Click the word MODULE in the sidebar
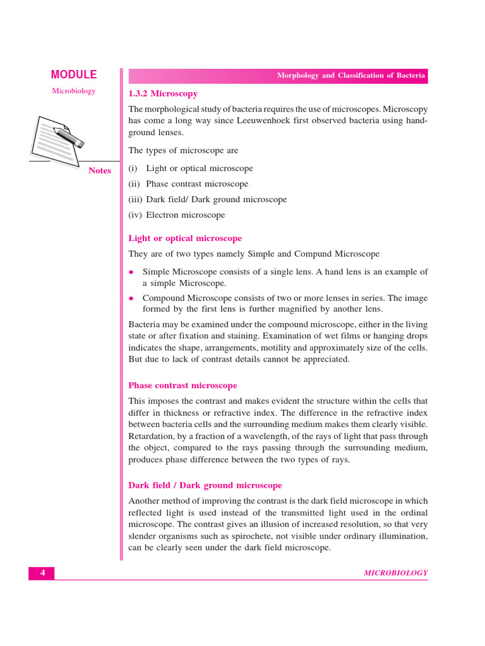(74, 74)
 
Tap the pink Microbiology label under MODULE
(74, 91)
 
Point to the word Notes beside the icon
(100, 170)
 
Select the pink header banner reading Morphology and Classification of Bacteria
(278, 76)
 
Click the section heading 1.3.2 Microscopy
(163, 93)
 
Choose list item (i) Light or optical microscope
(191, 168)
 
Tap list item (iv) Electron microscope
(177, 214)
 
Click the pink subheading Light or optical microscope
(185, 238)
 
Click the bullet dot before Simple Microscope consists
(131, 273)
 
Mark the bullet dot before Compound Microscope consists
(131, 298)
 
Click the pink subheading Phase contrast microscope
(183, 385)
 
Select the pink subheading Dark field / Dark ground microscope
(205, 485)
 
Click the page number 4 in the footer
(42, 573)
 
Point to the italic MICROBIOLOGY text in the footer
(396, 573)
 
